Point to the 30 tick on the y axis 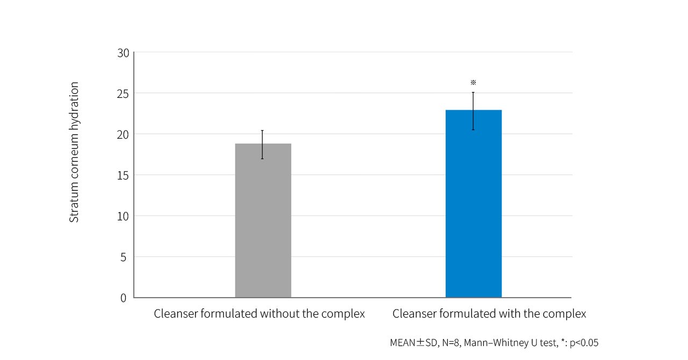tap(123, 53)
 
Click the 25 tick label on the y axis tap(123, 93)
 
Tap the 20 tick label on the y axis tap(123, 134)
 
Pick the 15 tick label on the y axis tap(123, 175)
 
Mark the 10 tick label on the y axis tap(123, 216)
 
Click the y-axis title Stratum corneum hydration tap(74, 152)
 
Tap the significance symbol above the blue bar tap(473, 83)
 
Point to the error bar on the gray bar tap(262, 144)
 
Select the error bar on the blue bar tap(473, 110)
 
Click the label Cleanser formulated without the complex tap(259, 314)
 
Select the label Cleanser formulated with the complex tap(489, 314)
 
